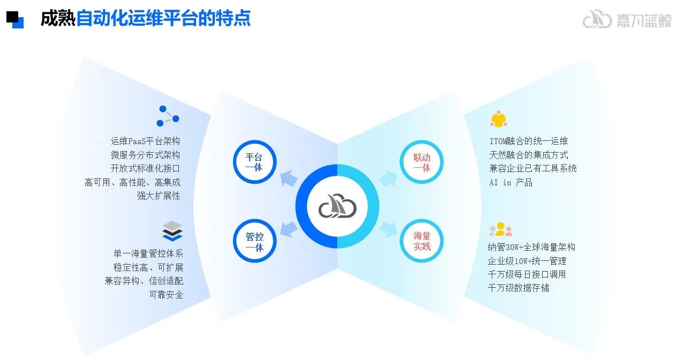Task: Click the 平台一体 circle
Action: click(254, 162)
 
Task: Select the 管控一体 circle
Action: click(254, 241)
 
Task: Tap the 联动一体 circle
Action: click(422, 162)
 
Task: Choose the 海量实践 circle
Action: click(422, 241)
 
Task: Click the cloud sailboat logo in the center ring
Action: click(337, 206)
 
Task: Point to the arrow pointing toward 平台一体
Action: click(289, 178)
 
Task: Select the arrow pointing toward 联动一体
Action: click(387, 178)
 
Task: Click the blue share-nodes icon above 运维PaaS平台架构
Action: click(168, 116)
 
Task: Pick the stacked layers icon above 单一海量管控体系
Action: click(172, 231)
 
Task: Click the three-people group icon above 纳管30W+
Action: click(500, 229)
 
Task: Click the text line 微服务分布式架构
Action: click(145, 155)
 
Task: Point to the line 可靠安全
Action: click(166, 294)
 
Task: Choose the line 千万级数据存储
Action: click(519, 288)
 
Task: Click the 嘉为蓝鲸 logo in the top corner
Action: click(626, 20)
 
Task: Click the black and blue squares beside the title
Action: click(15, 19)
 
